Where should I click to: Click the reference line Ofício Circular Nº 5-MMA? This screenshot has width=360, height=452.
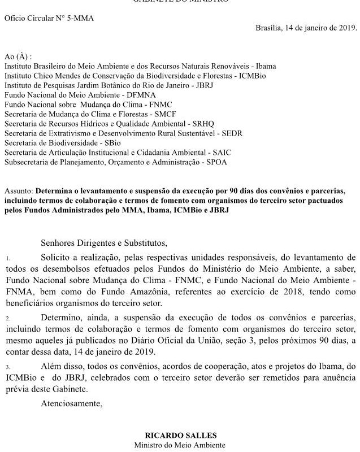point(49,18)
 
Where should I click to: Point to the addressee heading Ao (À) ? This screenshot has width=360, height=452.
point(18,57)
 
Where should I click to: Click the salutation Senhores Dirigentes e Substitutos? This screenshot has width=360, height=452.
point(104,244)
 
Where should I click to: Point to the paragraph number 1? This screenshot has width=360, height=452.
point(8,259)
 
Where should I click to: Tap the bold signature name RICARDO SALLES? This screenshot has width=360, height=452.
point(180,436)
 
